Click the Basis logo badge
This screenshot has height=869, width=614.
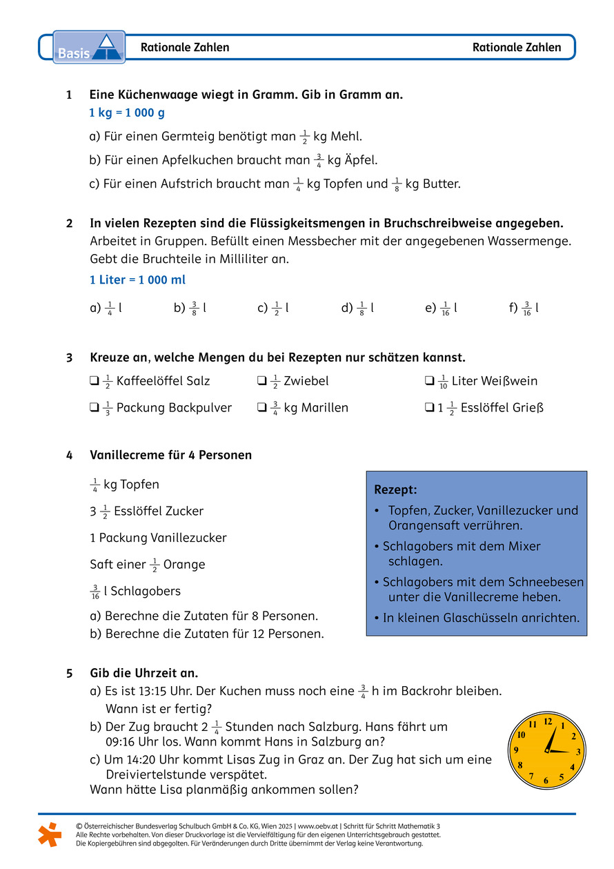(x=89, y=47)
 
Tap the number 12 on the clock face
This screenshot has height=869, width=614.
(x=548, y=722)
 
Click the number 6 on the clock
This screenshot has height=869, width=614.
(x=546, y=781)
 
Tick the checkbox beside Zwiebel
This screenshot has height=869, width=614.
(x=261, y=381)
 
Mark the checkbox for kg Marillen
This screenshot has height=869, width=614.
(x=261, y=408)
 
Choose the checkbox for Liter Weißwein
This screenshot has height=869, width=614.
(x=429, y=381)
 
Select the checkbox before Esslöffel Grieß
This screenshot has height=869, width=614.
(x=429, y=408)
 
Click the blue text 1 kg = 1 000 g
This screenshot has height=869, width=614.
(x=127, y=113)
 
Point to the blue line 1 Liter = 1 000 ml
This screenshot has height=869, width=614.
(x=137, y=280)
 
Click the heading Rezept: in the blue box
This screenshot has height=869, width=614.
(x=395, y=489)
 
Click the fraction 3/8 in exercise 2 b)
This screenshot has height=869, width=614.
(x=195, y=309)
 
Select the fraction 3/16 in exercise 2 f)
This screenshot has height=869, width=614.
(x=527, y=309)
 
